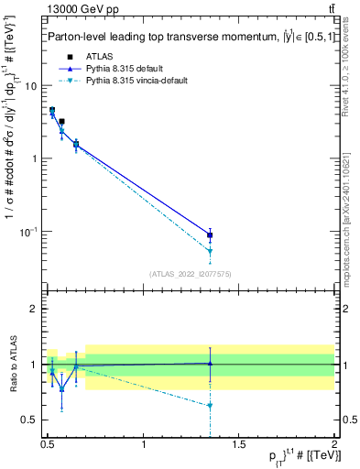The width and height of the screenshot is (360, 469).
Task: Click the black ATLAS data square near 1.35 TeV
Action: pyautogui.click(x=211, y=235)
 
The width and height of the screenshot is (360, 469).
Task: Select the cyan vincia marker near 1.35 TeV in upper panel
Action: pyautogui.click(x=211, y=251)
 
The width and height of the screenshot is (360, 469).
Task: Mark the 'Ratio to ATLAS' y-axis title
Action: pyautogui.click(x=11, y=364)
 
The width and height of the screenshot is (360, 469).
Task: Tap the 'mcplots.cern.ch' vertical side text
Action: pyautogui.click(x=349, y=220)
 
